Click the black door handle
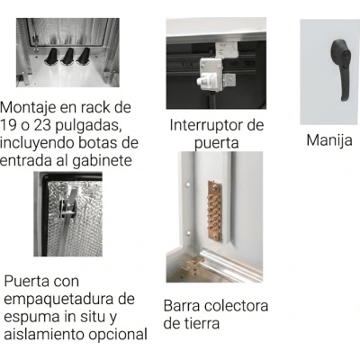pyautogui.click(x=341, y=69)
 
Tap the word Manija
pyautogui.click(x=329, y=140)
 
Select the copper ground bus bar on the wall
pyautogui.click(x=214, y=211)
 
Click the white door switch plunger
pyautogui.click(x=205, y=81)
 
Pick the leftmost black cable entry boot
pyautogui.click(x=52, y=56)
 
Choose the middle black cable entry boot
pyautogui.click(x=67, y=56)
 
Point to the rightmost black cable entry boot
pyautogui.click(x=84, y=56)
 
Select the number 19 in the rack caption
pyautogui.click(x=8, y=126)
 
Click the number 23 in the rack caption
pyautogui.click(x=43, y=126)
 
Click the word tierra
pyautogui.click(x=201, y=324)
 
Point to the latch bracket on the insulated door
pyautogui.click(x=67, y=208)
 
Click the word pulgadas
pyautogui.click(x=89, y=126)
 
